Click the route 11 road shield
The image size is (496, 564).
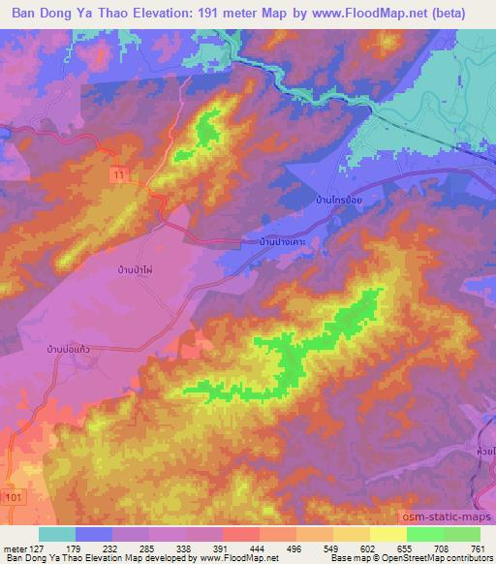tap(117, 172)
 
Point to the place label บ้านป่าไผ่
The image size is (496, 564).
tap(135, 271)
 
